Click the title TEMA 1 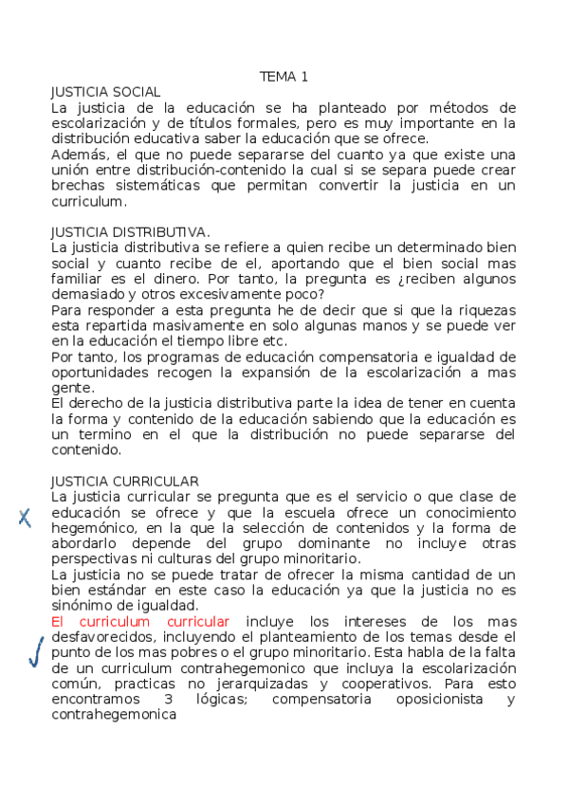tap(284, 77)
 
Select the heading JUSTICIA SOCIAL tap(105, 92)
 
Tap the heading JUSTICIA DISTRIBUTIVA tap(129, 231)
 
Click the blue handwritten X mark tap(26, 517)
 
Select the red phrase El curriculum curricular tap(140, 621)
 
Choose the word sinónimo tap(82, 605)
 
